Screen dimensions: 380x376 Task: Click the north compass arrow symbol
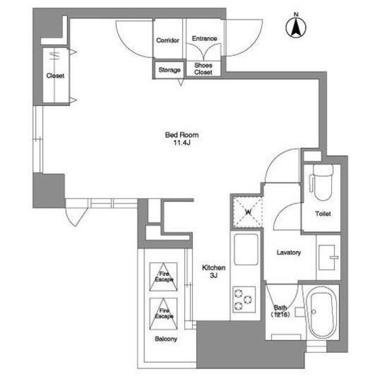point(296,27)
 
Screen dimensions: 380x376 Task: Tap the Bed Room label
point(182,135)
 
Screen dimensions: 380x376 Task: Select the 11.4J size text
point(182,143)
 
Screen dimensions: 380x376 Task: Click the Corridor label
point(167,40)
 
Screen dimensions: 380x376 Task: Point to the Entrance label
point(204,39)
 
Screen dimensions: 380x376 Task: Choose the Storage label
point(169,70)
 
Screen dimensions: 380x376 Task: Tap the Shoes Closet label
point(203,69)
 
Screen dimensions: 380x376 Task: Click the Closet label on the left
point(55,76)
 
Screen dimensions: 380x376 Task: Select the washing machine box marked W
point(248,212)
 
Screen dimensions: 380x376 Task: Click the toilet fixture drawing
point(321,182)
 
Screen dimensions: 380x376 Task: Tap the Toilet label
point(323,214)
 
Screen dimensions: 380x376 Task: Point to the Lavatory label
point(289,253)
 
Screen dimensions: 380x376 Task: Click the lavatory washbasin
point(328,257)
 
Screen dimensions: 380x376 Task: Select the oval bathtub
point(321,313)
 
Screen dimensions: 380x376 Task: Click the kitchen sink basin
point(246,249)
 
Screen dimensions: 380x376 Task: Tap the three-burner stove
point(244,299)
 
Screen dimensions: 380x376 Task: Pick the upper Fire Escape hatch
point(163,277)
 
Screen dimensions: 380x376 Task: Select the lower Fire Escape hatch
point(163,314)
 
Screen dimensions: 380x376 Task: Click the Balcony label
point(166,339)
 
